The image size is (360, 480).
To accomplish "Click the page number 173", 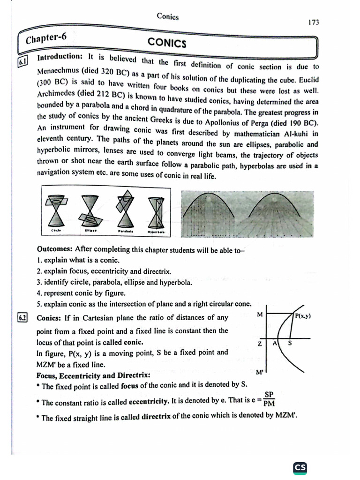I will tap(314, 22).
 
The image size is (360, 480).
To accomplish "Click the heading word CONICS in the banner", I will tap(167, 43).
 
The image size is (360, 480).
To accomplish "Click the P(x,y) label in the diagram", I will tap(303, 316).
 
